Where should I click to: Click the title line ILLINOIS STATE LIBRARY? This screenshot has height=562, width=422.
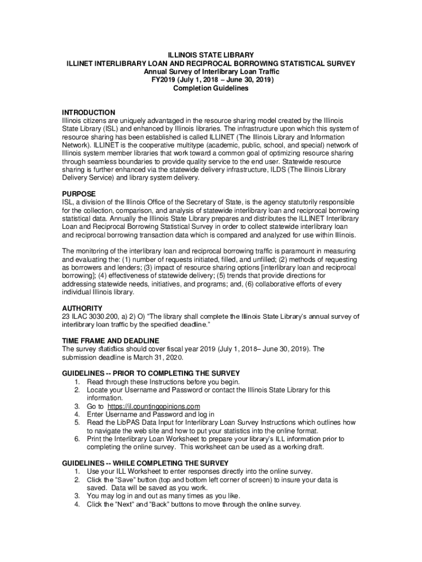coord(211,55)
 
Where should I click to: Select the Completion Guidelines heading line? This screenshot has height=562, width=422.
coord(211,88)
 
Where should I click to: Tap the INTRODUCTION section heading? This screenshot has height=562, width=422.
coord(88,113)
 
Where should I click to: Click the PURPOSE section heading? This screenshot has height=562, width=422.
coord(79,194)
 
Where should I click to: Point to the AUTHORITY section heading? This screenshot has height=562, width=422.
coord(82,308)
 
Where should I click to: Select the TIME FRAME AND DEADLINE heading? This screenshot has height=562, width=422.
coord(111,340)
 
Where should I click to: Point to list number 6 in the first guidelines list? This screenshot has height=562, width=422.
coord(77,439)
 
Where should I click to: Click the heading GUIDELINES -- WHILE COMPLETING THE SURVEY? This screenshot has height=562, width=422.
coord(145,463)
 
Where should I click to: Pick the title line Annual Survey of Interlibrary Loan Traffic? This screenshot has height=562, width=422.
coord(211,71)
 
